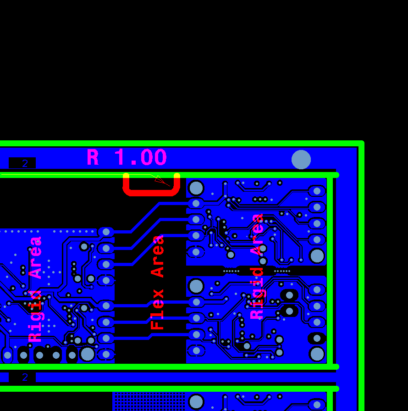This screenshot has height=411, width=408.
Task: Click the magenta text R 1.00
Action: (127, 157)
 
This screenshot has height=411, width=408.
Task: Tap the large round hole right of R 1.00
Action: (301, 160)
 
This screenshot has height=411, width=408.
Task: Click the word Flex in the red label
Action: (157, 309)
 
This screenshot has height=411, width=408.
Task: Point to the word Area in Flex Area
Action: (157, 256)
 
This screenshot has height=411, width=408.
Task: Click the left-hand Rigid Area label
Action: (35, 289)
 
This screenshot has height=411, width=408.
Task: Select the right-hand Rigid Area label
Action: (257, 267)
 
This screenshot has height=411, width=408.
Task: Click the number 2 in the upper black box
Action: (25, 164)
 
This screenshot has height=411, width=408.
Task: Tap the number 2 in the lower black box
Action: (25, 377)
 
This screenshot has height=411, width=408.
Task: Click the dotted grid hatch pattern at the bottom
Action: (149, 401)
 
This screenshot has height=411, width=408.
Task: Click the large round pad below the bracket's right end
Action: (196, 188)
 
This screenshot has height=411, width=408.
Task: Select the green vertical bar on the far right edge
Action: (361, 276)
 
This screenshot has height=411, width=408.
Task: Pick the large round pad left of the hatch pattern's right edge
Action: (196, 402)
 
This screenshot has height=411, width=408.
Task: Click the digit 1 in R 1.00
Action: (120, 157)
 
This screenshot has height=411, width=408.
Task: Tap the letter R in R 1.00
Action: (93, 157)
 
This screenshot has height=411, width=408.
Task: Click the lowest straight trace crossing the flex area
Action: (151, 337)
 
